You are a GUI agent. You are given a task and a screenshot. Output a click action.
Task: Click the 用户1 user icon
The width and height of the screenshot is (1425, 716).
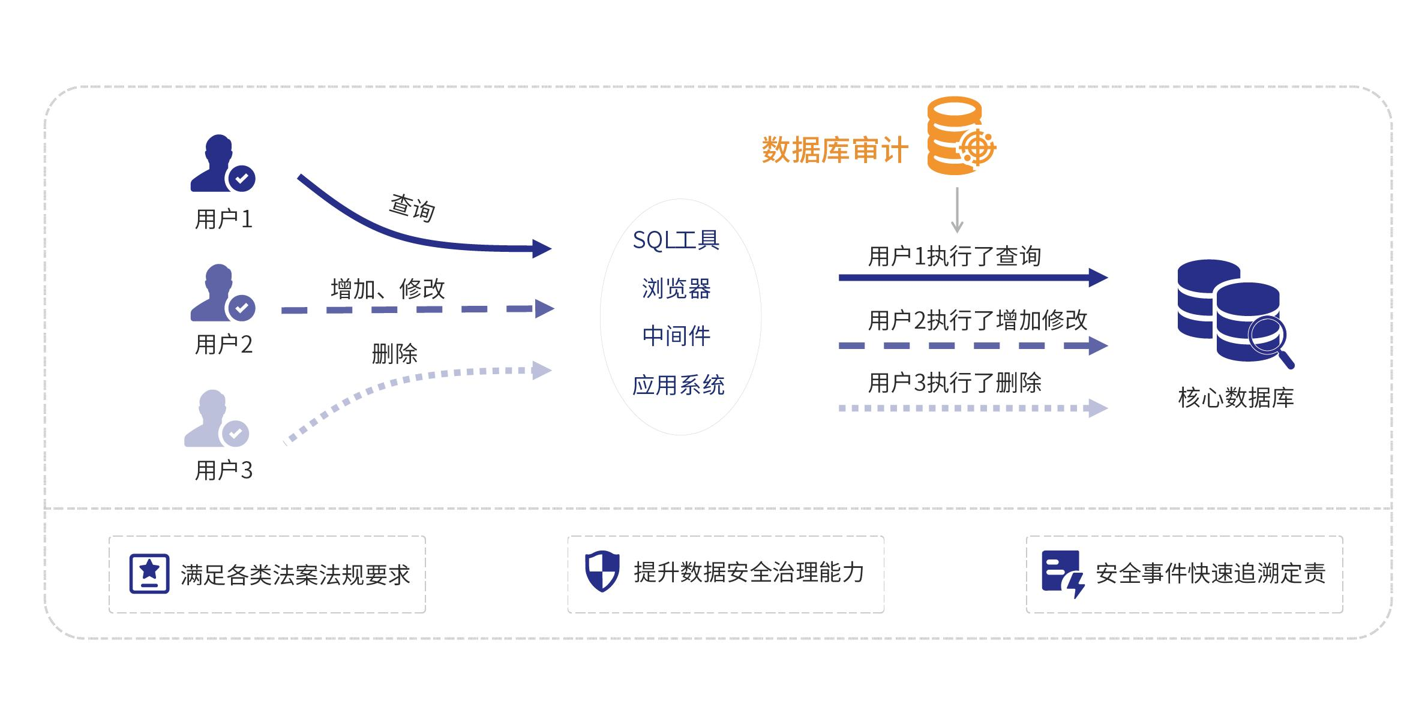click(x=221, y=163)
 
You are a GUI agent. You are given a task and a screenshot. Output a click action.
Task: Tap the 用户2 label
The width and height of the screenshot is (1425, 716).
click(x=224, y=345)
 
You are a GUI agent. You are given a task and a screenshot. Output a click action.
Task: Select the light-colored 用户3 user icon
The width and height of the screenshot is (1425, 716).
click(x=215, y=419)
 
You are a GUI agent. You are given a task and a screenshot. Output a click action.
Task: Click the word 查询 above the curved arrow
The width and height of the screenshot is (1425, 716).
click(x=412, y=207)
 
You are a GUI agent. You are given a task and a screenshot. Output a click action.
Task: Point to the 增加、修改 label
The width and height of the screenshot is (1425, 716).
click(x=388, y=289)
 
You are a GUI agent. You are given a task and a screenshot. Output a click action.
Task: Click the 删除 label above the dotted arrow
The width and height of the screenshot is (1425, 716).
click(x=394, y=354)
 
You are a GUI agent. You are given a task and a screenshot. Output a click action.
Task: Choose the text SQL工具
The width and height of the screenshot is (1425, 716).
click(x=676, y=240)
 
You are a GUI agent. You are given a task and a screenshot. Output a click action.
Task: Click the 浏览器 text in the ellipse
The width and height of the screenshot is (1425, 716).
click(x=676, y=289)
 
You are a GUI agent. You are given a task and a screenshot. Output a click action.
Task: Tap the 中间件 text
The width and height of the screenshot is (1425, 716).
click(x=676, y=336)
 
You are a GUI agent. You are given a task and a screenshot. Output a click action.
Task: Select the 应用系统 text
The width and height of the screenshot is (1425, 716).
click(x=679, y=385)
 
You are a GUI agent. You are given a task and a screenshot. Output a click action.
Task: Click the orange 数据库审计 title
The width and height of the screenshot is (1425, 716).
click(x=835, y=150)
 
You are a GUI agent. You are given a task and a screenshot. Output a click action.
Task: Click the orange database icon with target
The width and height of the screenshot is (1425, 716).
click(x=960, y=136)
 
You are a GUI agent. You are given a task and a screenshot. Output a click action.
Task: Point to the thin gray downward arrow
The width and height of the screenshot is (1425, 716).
click(x=957, y=210)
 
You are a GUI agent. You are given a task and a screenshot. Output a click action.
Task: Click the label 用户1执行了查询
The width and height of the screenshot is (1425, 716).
click(x=955, y=257)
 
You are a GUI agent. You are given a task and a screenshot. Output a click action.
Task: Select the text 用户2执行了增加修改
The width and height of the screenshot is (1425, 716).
click(x=977, y=321)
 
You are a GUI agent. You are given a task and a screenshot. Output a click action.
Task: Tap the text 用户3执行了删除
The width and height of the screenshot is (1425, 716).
click(x=955, y=383)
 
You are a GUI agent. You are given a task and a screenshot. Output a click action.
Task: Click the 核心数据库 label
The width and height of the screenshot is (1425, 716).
click(x=1236, y=398)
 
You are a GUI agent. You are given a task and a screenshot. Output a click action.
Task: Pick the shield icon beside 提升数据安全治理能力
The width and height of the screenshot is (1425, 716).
click(x=602, y=571)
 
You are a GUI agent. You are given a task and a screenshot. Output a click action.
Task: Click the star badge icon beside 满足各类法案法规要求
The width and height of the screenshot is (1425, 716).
click(x=149, y=574)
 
